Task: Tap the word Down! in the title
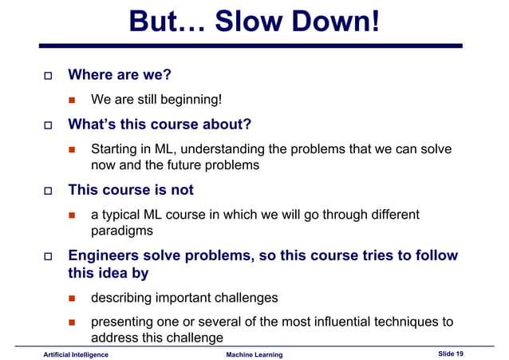(335, 22)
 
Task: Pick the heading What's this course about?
(160, 125)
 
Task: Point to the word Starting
(116, 149)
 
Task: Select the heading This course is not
(131, 190)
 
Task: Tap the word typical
(124, 215)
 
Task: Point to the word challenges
(245, 298)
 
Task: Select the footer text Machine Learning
(254, 354)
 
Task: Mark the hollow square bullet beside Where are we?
(45, 76)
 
